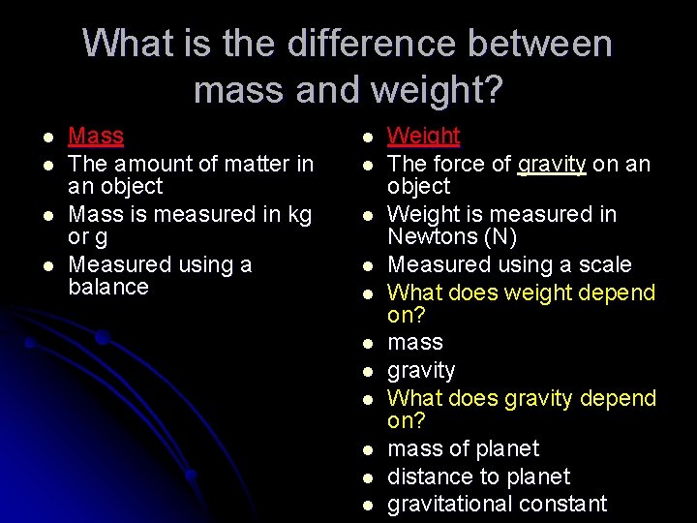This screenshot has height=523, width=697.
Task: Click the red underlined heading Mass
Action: tap(96, 137)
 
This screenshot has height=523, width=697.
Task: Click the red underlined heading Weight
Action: tap(423, 137)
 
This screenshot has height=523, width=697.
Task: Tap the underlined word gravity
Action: tap(552, 165)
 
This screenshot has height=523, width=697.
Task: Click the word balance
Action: tap(108, 287)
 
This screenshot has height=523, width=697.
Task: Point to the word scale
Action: tap(605, 264)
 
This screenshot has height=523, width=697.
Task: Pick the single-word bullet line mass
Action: tap(415, 343)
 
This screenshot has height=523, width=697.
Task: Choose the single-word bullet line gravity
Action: tap(421, 371)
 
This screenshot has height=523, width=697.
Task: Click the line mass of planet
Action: tap(463, 449)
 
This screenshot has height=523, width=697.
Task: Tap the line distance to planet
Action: tap(478, 477)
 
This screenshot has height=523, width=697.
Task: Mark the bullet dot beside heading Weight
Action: tap(369, 138)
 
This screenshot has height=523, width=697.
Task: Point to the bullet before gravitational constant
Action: tap(369, 505)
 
